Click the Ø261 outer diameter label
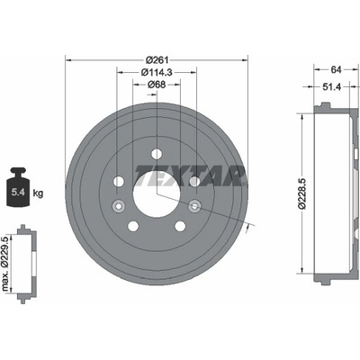point(157,60)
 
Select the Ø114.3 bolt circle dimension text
point(157,72)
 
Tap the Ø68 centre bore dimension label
point(157,85)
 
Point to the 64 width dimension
point(337,69)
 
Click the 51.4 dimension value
point(332,86)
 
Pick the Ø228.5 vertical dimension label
point(301,193)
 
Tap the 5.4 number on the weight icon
point(18,193)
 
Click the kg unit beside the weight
point(38,193)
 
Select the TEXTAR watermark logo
point(191,175)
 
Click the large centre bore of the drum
point(157,193)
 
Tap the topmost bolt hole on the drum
point(157,154)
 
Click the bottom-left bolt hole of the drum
point(133,226)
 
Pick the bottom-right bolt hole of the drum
point(180,226)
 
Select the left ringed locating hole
point(118,206)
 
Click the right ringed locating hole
point(194,206)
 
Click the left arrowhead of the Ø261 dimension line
point(68,60)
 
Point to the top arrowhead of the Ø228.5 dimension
point(302,117)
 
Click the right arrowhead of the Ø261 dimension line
point(245,60)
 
